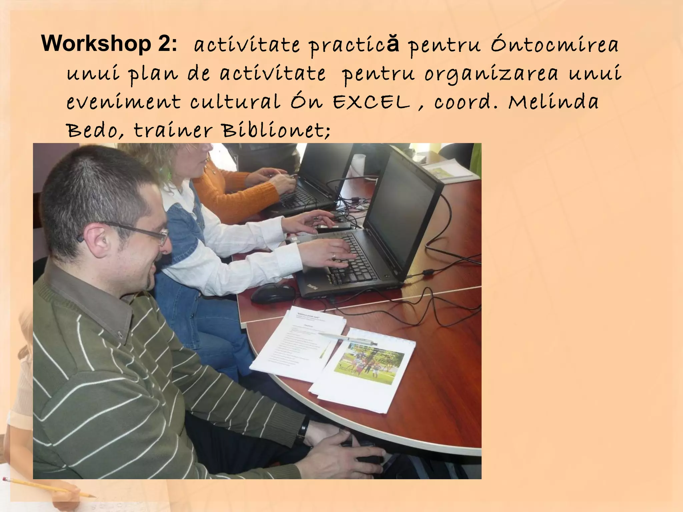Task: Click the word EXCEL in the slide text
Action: [371, 102]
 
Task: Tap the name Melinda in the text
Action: [553, 102]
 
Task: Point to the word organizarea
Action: [491, 74]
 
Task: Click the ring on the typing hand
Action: [334, 256]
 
